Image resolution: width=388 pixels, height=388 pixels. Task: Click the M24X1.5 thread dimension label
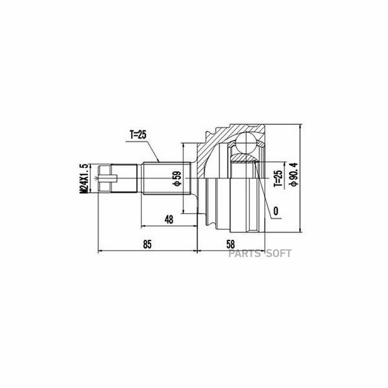point(84,178)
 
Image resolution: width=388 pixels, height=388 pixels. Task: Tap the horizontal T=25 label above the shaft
point(138,135)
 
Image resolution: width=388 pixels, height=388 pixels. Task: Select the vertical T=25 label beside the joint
point(278,178)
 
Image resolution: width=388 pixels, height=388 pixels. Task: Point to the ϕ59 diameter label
point(178,178)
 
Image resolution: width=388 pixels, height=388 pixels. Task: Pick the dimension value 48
point(169,219)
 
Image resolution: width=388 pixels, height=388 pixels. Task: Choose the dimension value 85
point(147,244)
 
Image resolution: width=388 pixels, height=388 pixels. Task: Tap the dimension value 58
point(230,244)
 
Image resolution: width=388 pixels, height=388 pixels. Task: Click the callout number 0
point(276,211)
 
